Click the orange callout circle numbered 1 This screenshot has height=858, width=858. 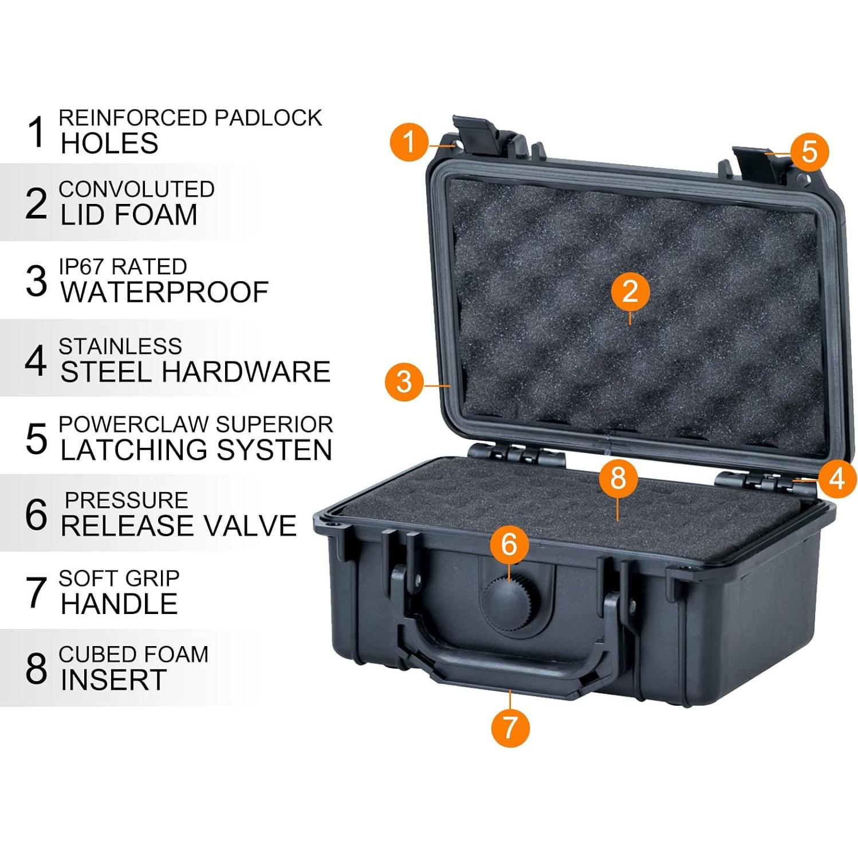click(409, 141)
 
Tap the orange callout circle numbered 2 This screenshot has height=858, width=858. click(630, 292)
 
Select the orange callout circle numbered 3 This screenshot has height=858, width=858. click(404, 382)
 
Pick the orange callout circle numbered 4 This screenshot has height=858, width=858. click(837, 478)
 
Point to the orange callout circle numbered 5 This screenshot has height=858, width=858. click(809, 152)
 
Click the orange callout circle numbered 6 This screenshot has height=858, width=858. click(509, 544)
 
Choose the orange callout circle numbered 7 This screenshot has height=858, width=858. click(510, 727)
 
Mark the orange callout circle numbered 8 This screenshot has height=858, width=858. click(618, 478)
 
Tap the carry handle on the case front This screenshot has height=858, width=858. click(510, 670)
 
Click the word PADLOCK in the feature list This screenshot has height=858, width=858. click(267, 118)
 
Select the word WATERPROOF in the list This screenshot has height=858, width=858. click(164, 292)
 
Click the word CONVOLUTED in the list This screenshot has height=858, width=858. click(136, 190)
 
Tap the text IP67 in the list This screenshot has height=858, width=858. click(81, 267)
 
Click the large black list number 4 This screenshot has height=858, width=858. click(36, 360)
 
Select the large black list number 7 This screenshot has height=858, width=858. click(36, 592)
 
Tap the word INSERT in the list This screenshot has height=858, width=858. click(113, 680)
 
